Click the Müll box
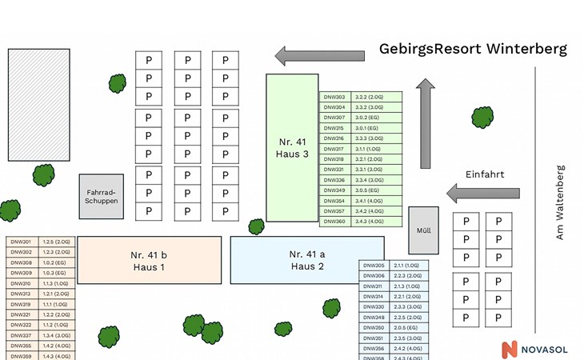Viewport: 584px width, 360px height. [x=424, y=230]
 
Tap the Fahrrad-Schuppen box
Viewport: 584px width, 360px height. [x=101, y=196]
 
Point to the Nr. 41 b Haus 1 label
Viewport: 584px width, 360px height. [x=150, y=260]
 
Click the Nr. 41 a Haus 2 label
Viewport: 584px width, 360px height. [x=307, y=260]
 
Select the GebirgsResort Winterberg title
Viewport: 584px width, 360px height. [x=473, y=50]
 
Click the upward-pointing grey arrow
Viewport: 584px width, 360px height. [x=426, y=123]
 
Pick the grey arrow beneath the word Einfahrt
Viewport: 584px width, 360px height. [x=483, y=193]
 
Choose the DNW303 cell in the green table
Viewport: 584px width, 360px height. [x=334, y=97]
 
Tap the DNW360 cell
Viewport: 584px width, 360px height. [x=334, y=222]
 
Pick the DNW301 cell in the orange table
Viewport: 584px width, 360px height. [x=21, y=242]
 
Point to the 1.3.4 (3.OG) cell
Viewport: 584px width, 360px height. [x=57, y=335]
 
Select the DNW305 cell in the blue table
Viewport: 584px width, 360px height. [x=374, y=266]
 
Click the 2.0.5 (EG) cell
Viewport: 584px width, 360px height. [x=407, y=328]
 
